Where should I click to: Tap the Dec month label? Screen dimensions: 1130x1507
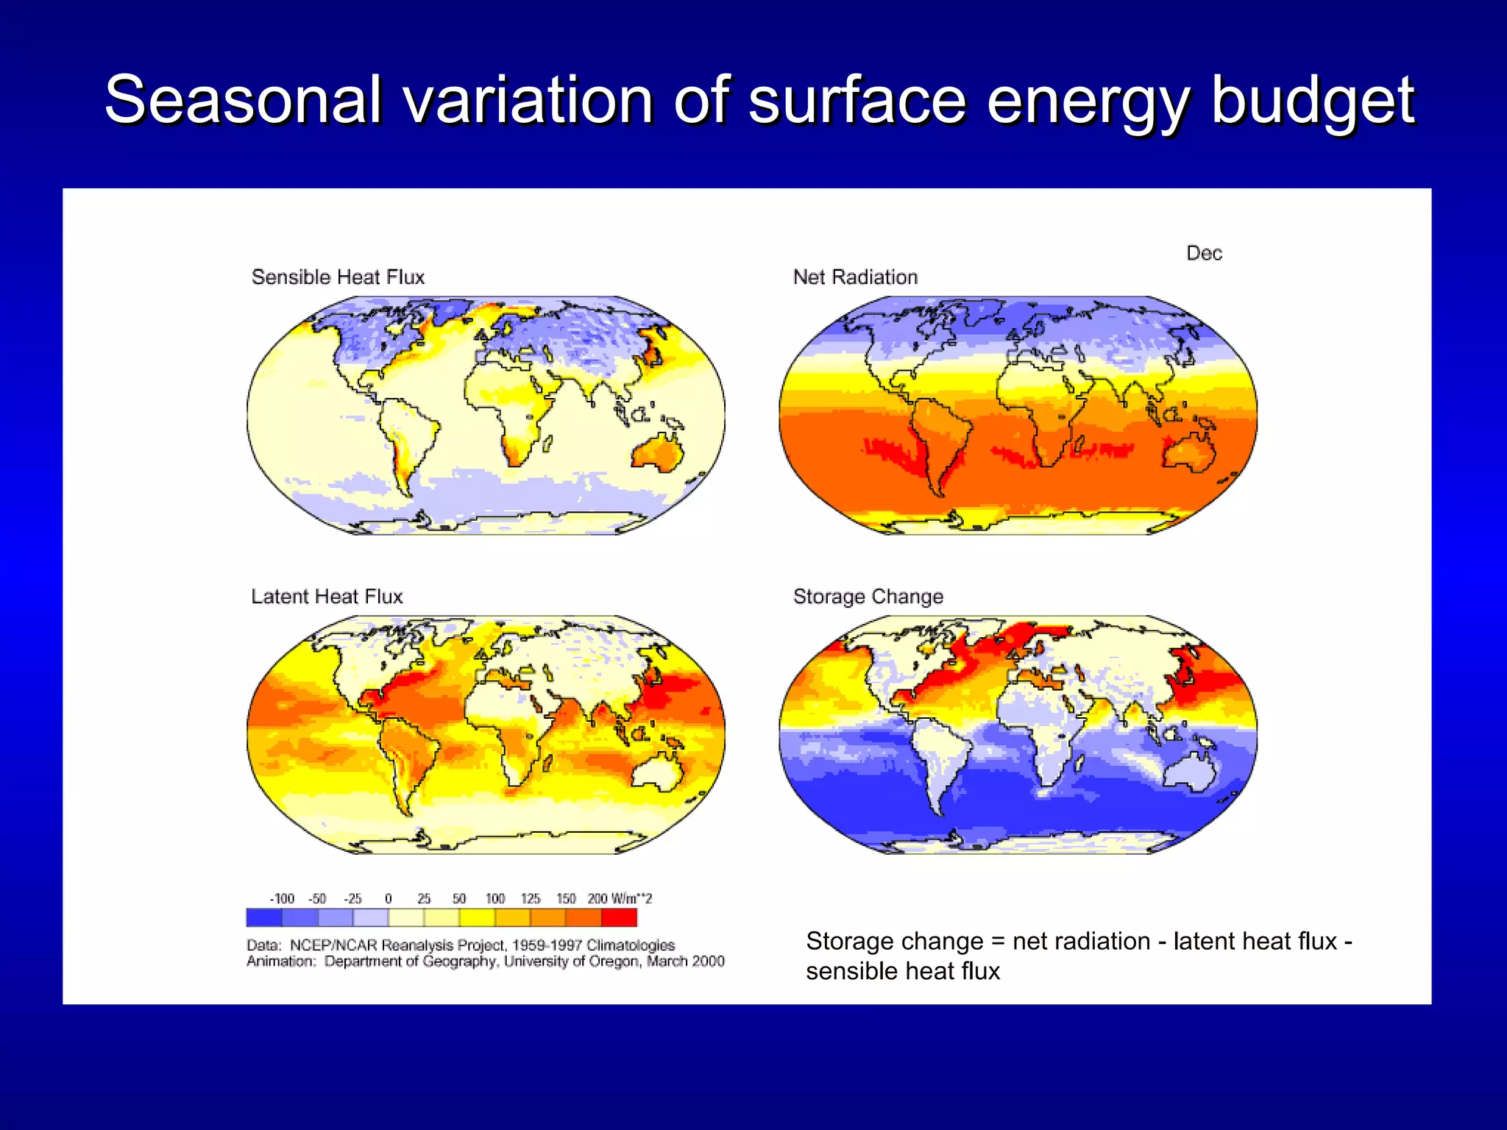click(1204, 253)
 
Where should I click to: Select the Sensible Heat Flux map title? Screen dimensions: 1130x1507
click(338, 277)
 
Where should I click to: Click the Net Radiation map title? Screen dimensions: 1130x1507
click(855, 277)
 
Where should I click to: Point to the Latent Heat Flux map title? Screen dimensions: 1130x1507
click(327, 597)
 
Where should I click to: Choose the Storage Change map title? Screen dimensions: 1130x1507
click(868, 597)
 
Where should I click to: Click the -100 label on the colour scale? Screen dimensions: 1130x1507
click(282, 898)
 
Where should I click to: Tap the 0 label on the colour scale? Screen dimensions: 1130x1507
click(389, 898)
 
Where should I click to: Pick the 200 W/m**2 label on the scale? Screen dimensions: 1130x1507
click(619, 898)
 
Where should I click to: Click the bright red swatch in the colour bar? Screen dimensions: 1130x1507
click(619, 917)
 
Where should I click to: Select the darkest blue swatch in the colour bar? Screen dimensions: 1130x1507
click(264, 917)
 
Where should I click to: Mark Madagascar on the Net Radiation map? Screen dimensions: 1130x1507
click(1079, 444)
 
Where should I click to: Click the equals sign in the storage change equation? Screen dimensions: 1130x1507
click(998, 942)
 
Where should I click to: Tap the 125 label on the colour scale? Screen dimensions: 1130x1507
click(531, 898)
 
